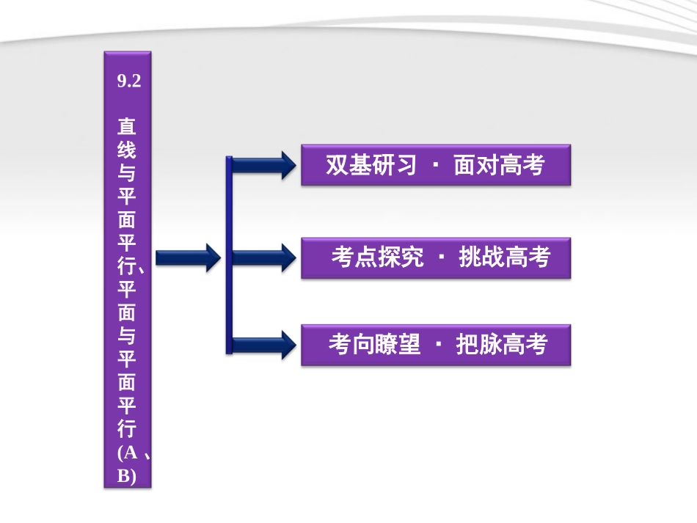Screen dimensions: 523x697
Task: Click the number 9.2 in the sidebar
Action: point(128,81)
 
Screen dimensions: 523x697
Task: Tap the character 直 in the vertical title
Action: point(127,126)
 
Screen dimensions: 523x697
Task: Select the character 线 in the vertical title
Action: point(127,149)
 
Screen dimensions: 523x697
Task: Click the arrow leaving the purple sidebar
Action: point(188,257)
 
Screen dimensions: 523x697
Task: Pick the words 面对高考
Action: point(499,165)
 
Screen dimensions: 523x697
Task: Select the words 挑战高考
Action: point(504,257)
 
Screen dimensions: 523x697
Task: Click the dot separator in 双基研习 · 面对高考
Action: point(435,165)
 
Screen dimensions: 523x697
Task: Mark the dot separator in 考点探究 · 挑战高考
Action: point(441,257)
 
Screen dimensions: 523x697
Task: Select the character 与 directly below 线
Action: point(127,172)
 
